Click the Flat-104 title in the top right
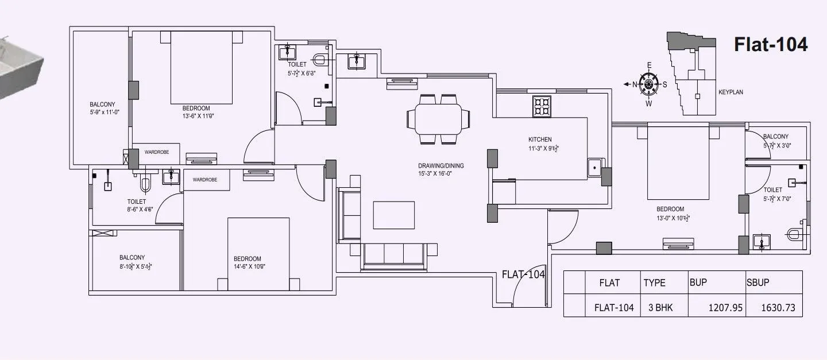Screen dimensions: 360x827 click(x=771, y=44)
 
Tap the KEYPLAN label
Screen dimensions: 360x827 click(x=731, y=92)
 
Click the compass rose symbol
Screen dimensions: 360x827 click(x=649, y=84)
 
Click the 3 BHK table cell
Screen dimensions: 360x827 click(x=660, y=308)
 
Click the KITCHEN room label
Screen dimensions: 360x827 click(x=540, y=140)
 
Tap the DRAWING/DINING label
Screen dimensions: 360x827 click(x=440, y=166)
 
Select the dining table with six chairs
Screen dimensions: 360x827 click(x=439, y=119)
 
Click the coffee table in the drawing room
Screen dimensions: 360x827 click(x=394, y=215)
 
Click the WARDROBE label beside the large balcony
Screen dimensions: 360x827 click(x=156, y=153)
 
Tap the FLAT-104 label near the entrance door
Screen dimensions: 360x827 click(x=523, y=274)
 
